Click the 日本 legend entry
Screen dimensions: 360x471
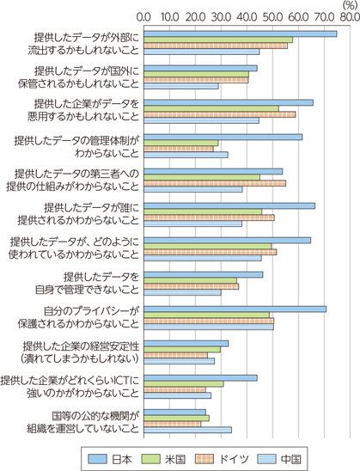pos(110,459)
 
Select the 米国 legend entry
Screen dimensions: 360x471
pos(163,459)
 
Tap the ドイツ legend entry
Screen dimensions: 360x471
pos(223,459)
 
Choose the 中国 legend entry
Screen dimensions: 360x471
pos(279,459)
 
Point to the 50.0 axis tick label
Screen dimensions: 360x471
pos(272,17)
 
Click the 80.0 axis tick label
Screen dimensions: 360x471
pos(350,17)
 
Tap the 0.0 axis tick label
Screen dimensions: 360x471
pos(143,17)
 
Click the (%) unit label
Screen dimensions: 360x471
pos(350,5)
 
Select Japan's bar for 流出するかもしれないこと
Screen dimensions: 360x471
pos(241,34)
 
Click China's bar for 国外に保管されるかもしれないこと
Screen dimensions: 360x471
pos(181,86)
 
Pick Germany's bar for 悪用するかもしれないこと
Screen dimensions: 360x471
pos(219,114)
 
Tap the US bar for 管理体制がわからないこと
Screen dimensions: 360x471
pos(180,143)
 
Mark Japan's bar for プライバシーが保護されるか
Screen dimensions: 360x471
pos(235,309)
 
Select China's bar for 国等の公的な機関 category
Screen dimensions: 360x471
pos(187,430)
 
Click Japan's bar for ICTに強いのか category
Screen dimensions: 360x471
pos(200,378)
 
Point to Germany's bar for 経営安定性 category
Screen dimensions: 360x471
pos(175,355)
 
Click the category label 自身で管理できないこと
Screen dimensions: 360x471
pos(88,290)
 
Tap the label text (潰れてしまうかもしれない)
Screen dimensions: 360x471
pos(80,358)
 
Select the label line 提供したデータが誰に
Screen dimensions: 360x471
pos(92,207)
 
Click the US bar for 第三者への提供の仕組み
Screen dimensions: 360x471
pos(202,178)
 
